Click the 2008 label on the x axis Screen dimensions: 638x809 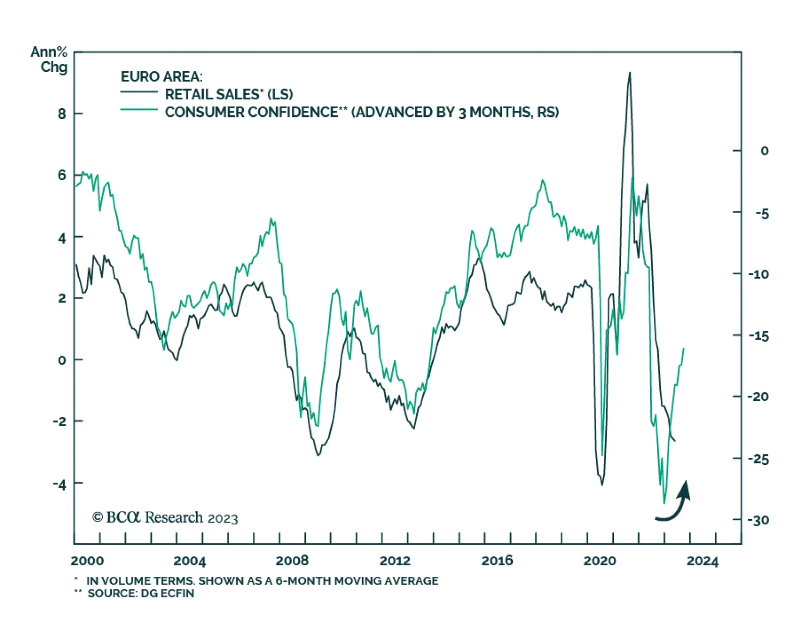[x=292, y=561]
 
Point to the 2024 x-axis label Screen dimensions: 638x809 [x=702, y=561]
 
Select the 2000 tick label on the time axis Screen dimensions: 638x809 [x=87, y=561]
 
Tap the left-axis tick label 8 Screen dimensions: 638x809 [x=62, y=114]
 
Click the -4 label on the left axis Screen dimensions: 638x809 [x=60, y=484]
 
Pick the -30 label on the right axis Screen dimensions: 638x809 [x=758, y=520]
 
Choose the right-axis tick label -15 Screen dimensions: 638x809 [x=758, y=336]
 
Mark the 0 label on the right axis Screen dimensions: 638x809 [x=764, y=151]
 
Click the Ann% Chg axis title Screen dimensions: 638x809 [x=50, y=59]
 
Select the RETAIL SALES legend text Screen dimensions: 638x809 [x=229, y=94]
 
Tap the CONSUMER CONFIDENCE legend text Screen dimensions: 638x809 [x=362, y=112]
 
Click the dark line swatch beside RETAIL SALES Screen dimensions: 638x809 [x=139, y=92]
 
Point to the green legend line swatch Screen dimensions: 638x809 [x=139, y=109]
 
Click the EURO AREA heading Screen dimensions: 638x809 [x=161, y=76]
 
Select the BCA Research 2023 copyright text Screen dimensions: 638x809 [x=165, y=517]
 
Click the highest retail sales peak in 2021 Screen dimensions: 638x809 [x=630, y=73]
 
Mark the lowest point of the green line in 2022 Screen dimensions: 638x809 [x=664, y=503]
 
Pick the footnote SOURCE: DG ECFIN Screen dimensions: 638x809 [x=141, y=593]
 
